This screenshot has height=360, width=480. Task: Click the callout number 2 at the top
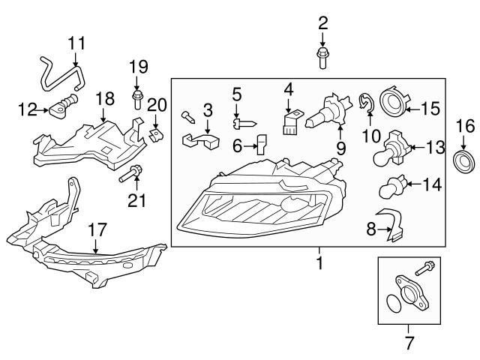[x=323, y=22]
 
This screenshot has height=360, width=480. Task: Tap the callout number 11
[x=76, y=43]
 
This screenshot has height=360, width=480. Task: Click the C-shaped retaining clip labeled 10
[x=365, y=104]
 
